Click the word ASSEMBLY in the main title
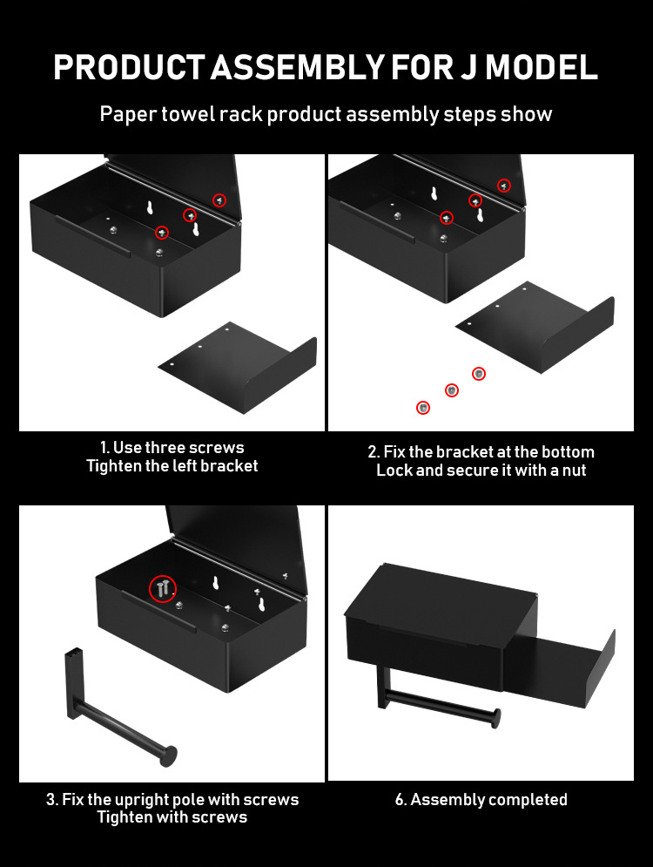(x=297, y=67)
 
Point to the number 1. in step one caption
(x=104, y=447)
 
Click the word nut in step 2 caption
(x=574, y=471)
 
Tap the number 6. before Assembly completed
(x=401, y=800)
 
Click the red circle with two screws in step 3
(x=163, y=588)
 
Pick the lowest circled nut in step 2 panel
(x=423, y=408)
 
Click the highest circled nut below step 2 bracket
(x=479, y=375)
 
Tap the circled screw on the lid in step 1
(x=219, y=200)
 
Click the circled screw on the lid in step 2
(x=504, y=186)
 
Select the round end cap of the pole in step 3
(x=169, y=755)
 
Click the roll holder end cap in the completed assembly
(x=495, y=718)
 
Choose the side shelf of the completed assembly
(x=559, y=668)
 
